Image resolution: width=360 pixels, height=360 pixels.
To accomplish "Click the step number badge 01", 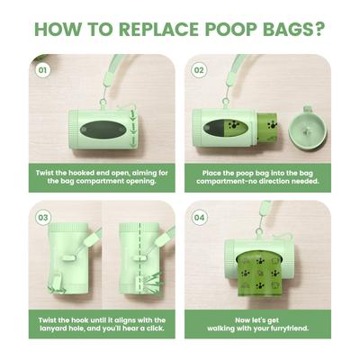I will pos(41,69).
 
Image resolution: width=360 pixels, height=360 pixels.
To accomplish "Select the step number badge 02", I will pos(199,69).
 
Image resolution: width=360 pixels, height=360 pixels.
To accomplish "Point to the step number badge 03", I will pos(42,217).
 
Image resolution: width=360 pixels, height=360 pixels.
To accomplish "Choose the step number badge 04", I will pos(199,217).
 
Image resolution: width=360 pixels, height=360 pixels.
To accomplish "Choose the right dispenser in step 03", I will pos(139,261).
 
